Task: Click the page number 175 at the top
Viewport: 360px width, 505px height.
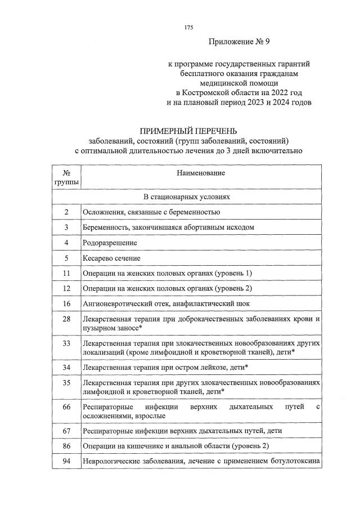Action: coord(188,28)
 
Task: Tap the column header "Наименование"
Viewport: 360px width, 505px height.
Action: coord(201,173)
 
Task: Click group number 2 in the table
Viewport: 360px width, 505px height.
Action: coord(66,212)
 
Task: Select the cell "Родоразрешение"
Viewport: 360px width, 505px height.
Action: coord(110,243)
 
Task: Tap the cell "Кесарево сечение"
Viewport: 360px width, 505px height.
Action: coord(111,258)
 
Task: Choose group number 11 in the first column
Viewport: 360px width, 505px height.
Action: coord(66,273)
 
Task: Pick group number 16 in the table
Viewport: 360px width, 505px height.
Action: coord(66,303)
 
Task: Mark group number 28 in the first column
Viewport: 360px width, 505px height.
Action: coord(66,319)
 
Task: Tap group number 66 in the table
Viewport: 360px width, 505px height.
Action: coord(66,406)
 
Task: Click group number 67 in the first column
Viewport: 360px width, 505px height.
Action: coord(66,431)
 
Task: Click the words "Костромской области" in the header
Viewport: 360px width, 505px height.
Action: coord(219,92)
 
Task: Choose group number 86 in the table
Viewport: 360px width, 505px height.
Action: coord(66,446)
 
